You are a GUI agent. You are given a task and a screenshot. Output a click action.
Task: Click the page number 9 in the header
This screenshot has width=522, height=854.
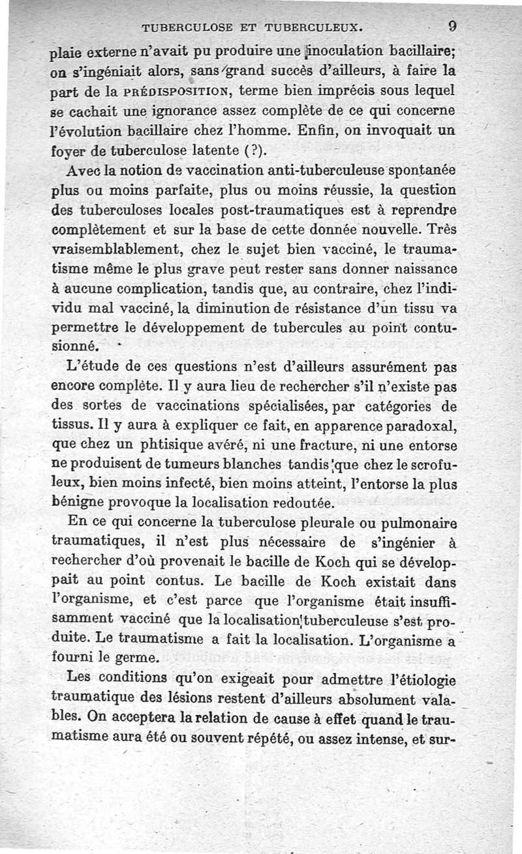click(x=452, y=27)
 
